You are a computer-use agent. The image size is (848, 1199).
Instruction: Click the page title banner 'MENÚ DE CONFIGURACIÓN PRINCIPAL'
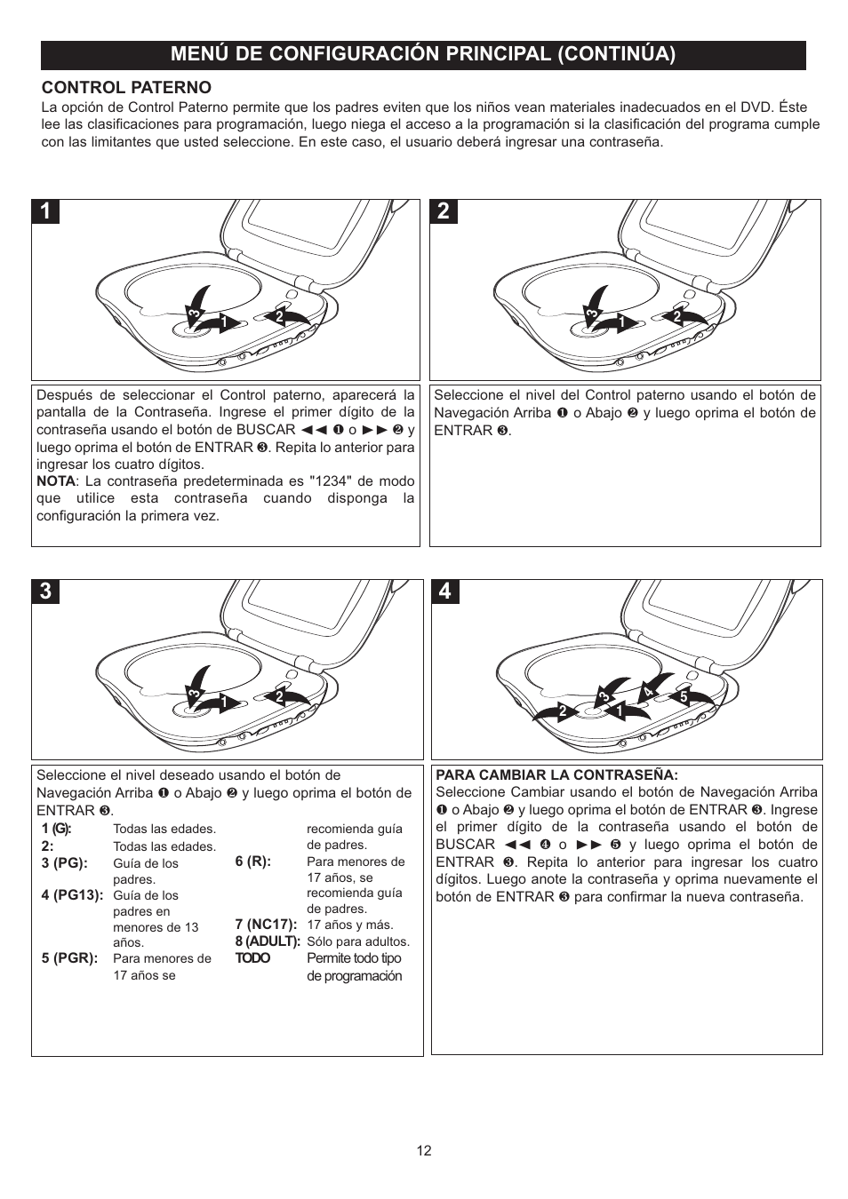(423, 54)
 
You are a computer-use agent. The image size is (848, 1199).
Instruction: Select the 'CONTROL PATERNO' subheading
(126, 87)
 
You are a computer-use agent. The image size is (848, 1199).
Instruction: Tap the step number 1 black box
(46, 211)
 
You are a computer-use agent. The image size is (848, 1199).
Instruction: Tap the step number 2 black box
(444, 211)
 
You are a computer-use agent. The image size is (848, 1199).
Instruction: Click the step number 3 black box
(46, 592)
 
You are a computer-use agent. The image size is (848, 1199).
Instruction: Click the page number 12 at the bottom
(424, 1150)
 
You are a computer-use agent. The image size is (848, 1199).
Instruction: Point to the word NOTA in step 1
(55, 481)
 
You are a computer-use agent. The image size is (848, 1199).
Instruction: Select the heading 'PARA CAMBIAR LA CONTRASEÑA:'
(556, 774)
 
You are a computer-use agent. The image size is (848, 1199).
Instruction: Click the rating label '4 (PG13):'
(72, 895)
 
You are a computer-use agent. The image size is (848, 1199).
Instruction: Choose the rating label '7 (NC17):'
(266, 925)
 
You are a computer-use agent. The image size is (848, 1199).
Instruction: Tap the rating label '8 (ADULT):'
(268, 941)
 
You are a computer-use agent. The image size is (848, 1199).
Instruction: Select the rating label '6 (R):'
(252, 862)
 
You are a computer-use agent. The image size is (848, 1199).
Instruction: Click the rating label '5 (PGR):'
(69, 958)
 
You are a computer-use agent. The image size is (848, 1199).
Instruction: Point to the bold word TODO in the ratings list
(252, 958)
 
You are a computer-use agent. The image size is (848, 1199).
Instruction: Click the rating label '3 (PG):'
(64, 863)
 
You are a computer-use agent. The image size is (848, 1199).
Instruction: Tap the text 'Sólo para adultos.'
(358, 941)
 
